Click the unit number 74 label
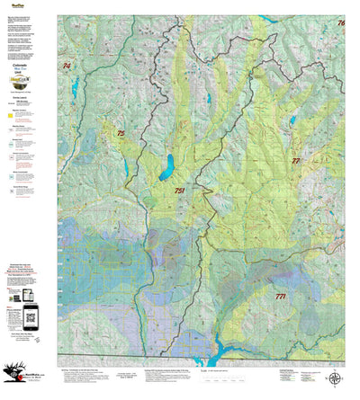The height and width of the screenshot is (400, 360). pyautogui.click(x=67, y=66)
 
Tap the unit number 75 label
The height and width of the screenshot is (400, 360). pyautogui.click(x=121, y=133)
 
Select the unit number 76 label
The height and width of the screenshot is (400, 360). pyautogui.click(x=341, y=22)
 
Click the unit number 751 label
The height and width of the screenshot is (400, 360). pyautogui.click(x=179, y=191)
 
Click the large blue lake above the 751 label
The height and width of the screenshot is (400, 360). pyautogui.click(x=166, y=166)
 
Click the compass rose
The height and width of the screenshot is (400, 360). pyautogui.click(x=334, y=378)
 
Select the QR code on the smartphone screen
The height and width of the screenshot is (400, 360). pyautogui.click(x=30, y=315)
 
